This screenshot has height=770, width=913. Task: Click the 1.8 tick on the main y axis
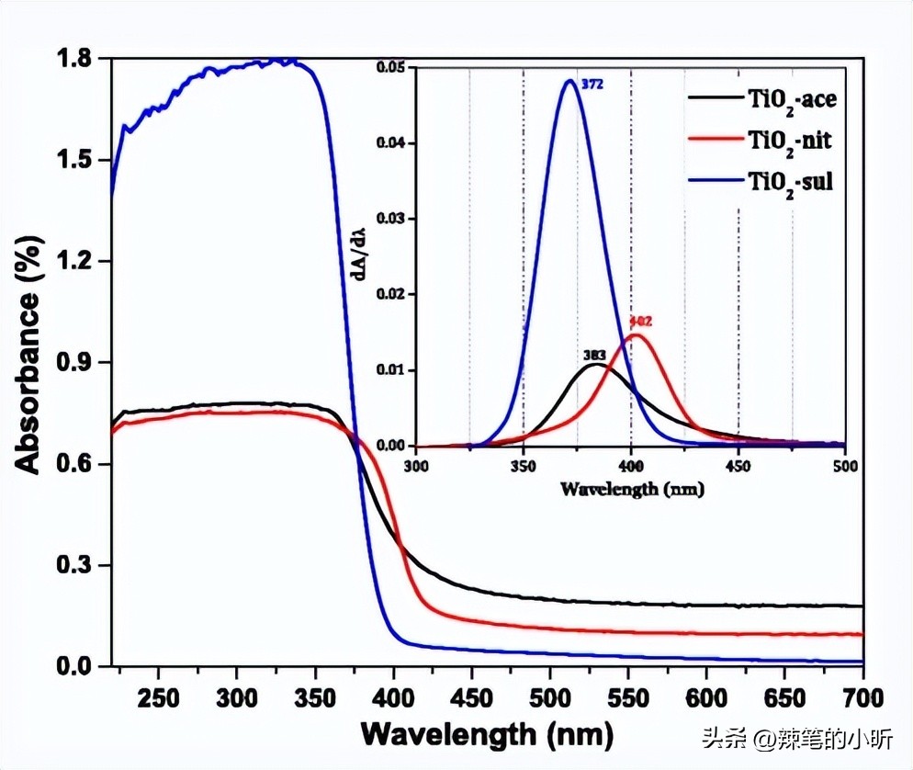pos(77,59)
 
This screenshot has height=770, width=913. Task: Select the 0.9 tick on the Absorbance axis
pos(77,363)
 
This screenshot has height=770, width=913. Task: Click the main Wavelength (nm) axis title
pos(486,734)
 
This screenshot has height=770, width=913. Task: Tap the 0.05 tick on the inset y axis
pos(395,68)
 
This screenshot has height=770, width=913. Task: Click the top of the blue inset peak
pos(570,81)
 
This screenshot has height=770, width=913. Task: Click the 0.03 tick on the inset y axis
pos(395,220)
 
